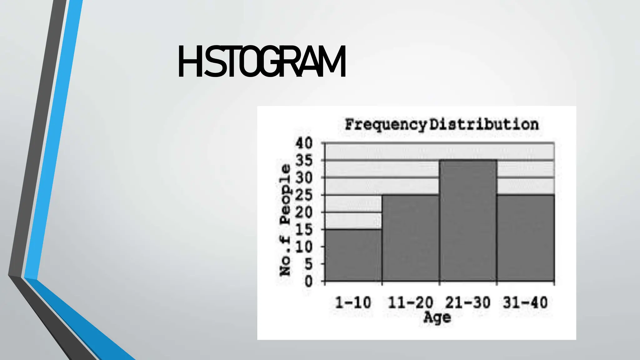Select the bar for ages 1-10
pyautogui.click(x=353, y=255)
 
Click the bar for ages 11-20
pyautogui.click(x=411, y=238)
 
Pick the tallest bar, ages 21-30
pyautogui.click(x=468, y=221)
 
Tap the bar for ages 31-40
pyautogui.click(x=526, y=238)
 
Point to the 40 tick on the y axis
pyautogui.click(x=304, y=143)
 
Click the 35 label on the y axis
pyautogui.click(x=304, y=161)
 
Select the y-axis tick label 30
pyautogui.click(x=304, y=178)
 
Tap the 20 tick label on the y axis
pyautogui.click(x=304, y=213)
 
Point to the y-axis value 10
pyautogui.click(x=304, y=247)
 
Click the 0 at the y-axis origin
pyautogui.click(x=308, y=282)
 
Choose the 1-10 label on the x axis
pyautogui.click(x=353, y=303)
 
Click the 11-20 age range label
pyautogui.click(x=411, y=303)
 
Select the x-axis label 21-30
pyautogui.click(x=468, y=303)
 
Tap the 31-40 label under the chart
pyautogui.click(x=525, y=303)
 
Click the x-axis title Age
pyautogui.click(x=437, y=317)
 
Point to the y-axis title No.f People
pyautogui.click(x=285, y=220)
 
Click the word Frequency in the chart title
pyautogui.click(x=385, y=125)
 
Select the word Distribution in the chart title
pyautogui.click(x=484, y=124)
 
